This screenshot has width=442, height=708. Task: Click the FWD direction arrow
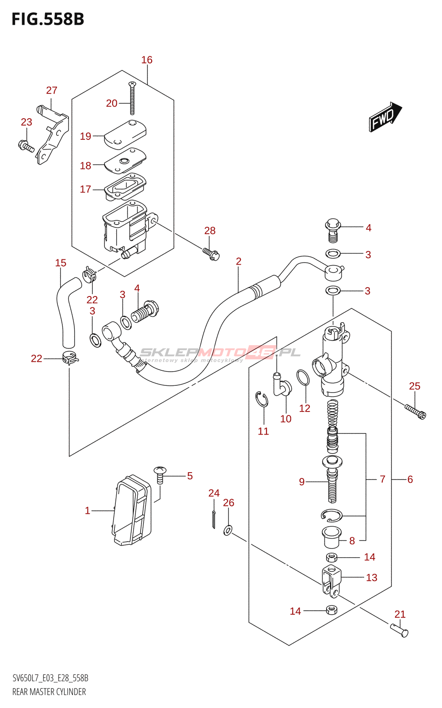click(x=385, y=117)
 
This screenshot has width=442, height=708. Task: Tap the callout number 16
click(x=147, y=60)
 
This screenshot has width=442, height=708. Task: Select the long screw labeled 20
click(x=132, y=98)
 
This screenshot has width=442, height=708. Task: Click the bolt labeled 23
click(x=26, y=146)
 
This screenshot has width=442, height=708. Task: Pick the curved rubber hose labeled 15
click(x=67, y=312)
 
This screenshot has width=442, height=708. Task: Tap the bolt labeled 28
click(x=211, y=254)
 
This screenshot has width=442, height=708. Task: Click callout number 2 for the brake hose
click(x=238, y=262)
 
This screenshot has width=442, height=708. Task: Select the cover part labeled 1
click(x=132, y=510)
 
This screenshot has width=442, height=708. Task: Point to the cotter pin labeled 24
click(x=214, y=519)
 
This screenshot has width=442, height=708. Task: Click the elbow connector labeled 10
click(x=282, y=384)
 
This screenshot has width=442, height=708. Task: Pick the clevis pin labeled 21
click(x=399, y=631)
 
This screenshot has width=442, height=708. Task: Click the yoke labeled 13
click(x=331, y=581)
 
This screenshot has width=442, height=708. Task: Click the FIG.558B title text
click(x=48, y=19)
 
